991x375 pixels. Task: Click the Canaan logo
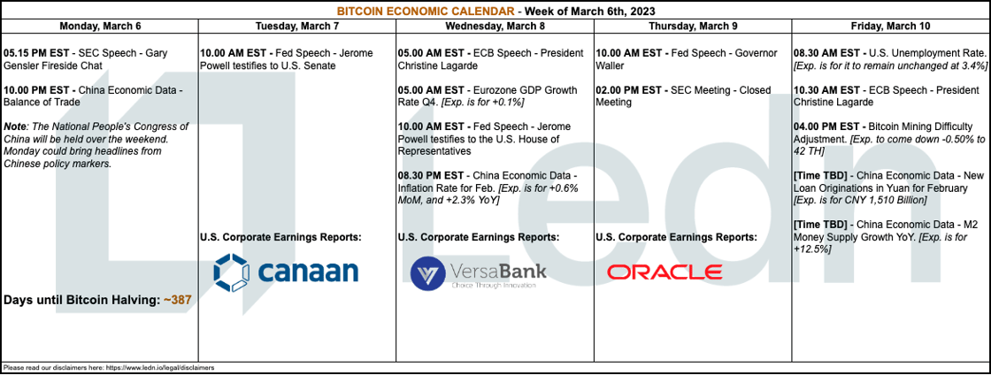(x=286, y=272)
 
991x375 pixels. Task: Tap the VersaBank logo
(x=479, y=272)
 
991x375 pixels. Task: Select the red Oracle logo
(x=665, y=272)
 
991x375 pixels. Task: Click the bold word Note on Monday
(x=14, y=126)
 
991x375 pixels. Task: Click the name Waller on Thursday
(x=611, y=65)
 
